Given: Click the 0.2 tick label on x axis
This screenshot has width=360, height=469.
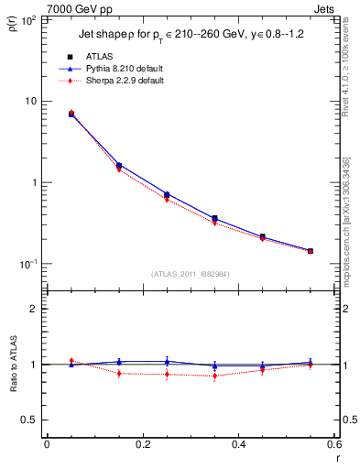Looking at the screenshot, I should [142, 445].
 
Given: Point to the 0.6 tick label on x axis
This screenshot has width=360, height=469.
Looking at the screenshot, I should [334, 445].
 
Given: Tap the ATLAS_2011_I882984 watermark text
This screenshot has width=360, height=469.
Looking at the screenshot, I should [190, 273].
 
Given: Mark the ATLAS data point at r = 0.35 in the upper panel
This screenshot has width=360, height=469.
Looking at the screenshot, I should [215, 219].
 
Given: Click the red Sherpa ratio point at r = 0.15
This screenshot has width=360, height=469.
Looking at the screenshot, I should [119, 373].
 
